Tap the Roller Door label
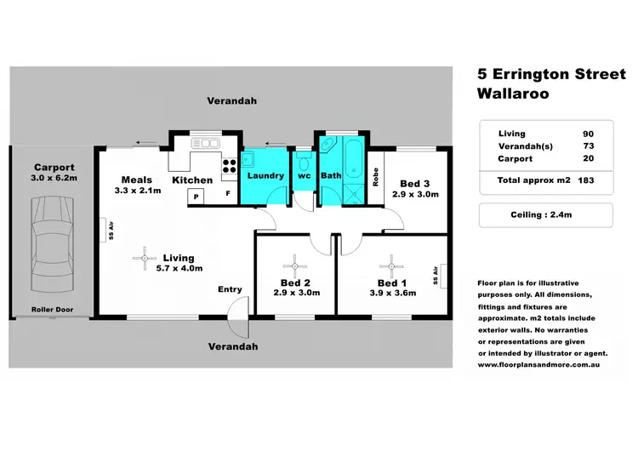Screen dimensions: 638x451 (x=50, y=309)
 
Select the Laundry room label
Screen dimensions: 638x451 (x=265, y=175)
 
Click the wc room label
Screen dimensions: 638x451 (x=304, y=175)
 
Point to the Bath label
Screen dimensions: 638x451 (x=330, y=175)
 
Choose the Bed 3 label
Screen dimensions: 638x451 (x=414, y=183)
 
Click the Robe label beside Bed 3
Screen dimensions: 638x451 (x=375, y=177)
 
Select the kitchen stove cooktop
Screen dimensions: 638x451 (x=228, y=165)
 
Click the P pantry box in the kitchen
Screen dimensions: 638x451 (x=197, y=196)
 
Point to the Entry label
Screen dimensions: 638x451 (x=230, y=289)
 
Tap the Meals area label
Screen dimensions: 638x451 (x=136, y=180)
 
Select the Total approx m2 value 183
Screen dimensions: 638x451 (x=584, y=180)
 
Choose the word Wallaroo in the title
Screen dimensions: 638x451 (x=513, y=94)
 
